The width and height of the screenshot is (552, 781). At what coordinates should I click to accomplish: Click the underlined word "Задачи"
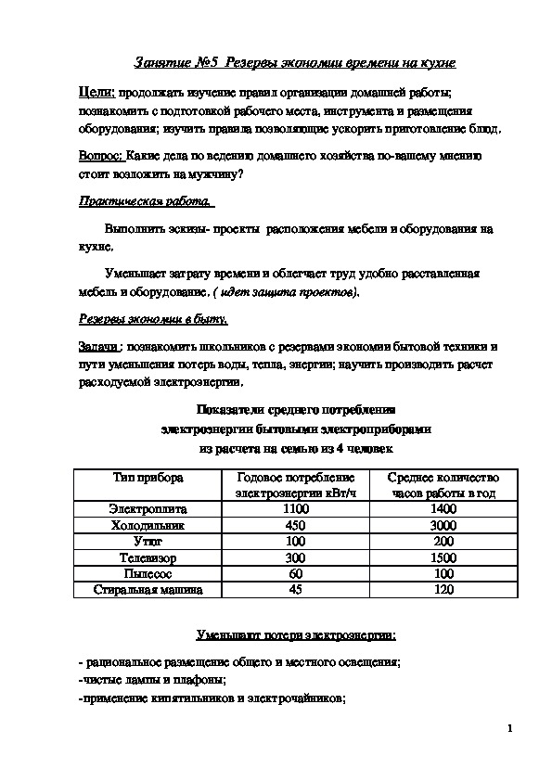click(x=99, y=346)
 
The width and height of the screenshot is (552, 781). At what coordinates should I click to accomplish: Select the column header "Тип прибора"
click(x=148, y=477)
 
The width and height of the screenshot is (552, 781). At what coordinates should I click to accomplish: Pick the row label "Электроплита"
click(x=148, y=509)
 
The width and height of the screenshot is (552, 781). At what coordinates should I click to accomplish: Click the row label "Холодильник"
click(x=148, y=525)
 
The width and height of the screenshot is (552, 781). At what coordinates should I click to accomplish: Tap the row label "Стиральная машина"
click(x=148, y=589)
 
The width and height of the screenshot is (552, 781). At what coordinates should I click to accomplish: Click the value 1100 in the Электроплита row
click(x=295, y=509)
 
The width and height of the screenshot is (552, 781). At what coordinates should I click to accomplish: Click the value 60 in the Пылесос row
click(x=295, y=573)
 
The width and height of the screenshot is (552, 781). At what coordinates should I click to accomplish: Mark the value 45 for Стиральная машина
click(x=295, y=589)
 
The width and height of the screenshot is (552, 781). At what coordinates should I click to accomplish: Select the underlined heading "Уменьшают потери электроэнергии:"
click(x=295, y=636)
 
